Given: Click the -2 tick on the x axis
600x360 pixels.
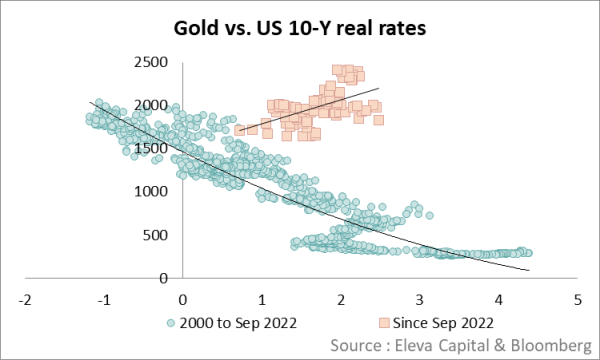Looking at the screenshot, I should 24,299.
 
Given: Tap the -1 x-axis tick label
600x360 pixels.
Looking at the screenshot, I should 103,299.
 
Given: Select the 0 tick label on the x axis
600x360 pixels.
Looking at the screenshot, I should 183,299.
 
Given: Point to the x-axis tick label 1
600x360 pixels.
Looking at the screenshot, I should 262,299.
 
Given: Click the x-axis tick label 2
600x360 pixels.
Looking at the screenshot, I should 341,299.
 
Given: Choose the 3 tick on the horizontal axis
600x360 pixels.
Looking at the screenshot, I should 420,299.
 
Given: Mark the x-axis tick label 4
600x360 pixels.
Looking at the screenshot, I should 499,299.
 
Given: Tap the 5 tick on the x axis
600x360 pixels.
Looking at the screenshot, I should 578,299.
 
